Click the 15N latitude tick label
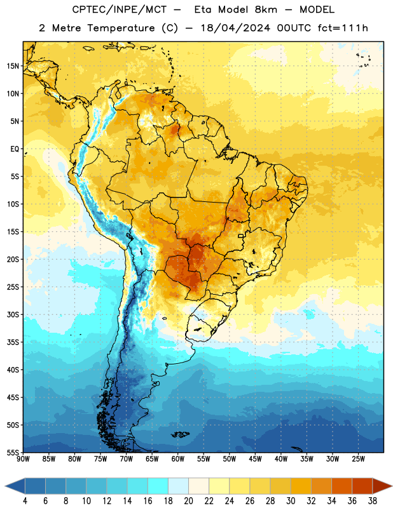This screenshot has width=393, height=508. tap(13, 66)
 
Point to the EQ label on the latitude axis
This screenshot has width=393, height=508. tap(15, 149)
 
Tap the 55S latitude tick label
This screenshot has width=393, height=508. tap(13, 452)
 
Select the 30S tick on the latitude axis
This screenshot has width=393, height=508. tap(13, 314)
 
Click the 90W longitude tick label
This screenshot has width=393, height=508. tap(23, 458)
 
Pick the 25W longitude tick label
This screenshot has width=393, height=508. tap(358, 458)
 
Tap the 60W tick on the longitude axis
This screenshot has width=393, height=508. tap(178, 458)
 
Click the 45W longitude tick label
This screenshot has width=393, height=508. tap(255, 458)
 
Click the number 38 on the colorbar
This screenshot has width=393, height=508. tap(372, 501)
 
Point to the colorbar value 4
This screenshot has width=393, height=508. tap(25, 501)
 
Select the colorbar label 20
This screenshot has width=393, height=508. tap(188, 501)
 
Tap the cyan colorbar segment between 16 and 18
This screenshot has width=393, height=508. tap(158, 487)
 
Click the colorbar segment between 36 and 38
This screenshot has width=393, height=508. tap(362, 487)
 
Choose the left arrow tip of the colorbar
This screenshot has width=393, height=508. tap(5, 487)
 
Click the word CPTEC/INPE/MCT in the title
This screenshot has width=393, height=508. tap(120, 10)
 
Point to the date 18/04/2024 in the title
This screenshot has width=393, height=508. tap(235, 28)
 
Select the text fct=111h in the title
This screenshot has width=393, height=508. tap(343, 28)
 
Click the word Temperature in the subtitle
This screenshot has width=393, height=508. tap(121, 29)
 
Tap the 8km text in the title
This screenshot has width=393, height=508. tap(266, 10)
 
